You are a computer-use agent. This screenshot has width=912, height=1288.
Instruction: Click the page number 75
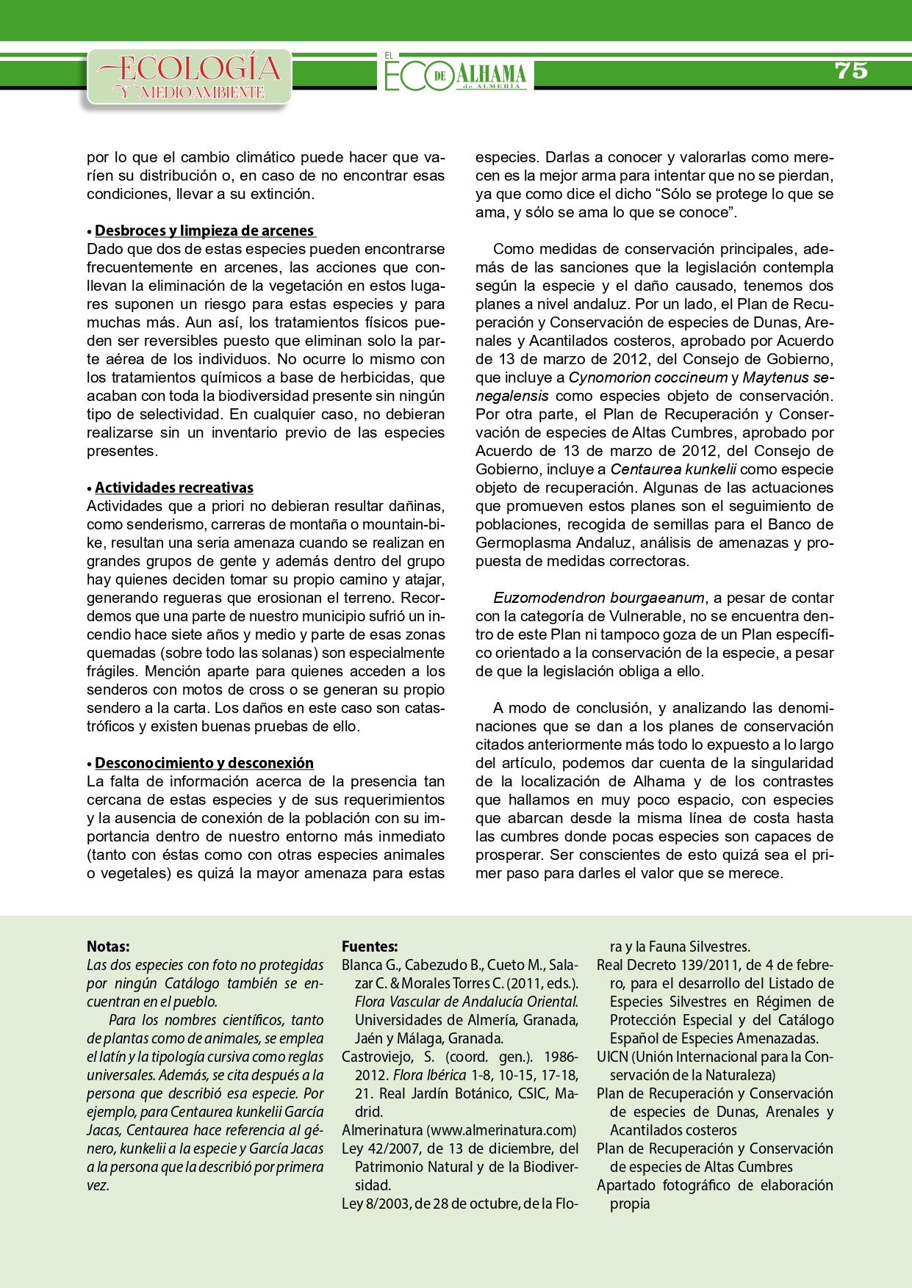pos(851,70)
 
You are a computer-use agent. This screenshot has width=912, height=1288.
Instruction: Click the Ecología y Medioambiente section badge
pos(189,77)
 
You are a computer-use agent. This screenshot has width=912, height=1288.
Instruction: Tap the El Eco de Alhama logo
pos(456,73)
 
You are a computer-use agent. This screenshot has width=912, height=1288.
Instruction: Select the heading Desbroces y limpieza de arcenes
pos(204,231)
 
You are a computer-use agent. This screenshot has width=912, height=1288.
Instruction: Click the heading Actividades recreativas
pos(173,488)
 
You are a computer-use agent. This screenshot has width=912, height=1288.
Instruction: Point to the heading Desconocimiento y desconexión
pos(204,763)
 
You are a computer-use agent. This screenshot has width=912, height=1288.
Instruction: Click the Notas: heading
pos(108,947)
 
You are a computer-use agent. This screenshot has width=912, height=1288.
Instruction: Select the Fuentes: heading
pos(370,947)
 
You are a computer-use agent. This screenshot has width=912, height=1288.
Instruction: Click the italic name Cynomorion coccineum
pos(637,377)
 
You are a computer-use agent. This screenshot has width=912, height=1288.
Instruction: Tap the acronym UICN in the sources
pos(612,1057)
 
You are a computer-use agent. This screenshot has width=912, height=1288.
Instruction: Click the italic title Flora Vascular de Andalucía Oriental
pos(466,1002)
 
